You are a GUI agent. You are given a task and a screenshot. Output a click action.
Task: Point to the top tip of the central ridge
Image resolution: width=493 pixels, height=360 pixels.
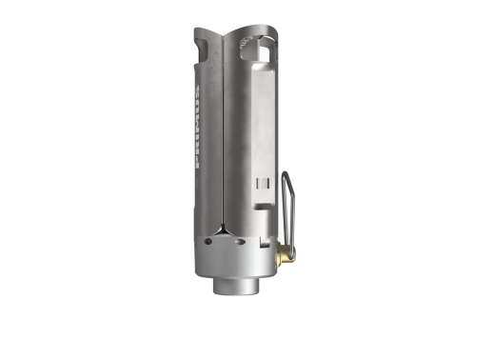click(x=221, y=29)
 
